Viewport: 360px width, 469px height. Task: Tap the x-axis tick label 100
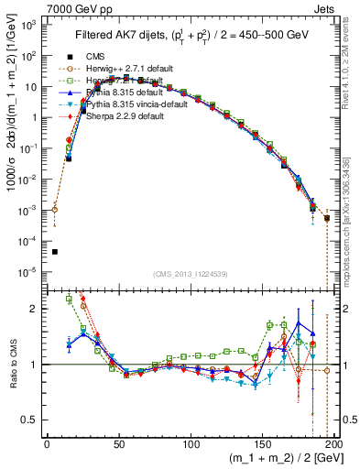191,443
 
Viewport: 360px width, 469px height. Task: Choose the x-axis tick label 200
334,443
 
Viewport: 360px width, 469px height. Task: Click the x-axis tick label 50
119,443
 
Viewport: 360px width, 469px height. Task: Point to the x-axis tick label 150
262,443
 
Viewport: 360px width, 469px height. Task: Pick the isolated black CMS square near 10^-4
55,252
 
